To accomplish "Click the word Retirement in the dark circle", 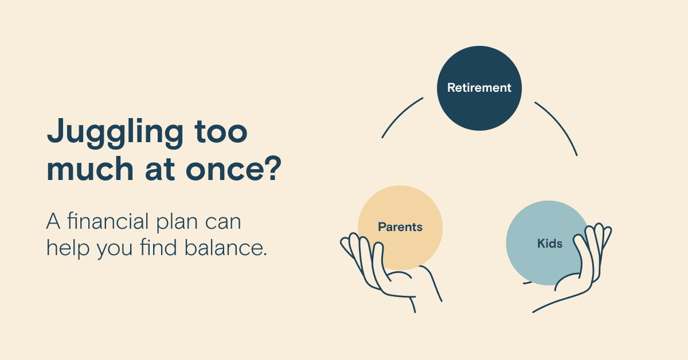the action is [479, 88].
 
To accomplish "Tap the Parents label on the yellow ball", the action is [400, 228].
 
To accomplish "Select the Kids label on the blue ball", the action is [550, 243].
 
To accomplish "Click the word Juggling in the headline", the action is [115, 134].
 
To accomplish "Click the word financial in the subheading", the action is [108, 221].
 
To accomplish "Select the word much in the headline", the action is [90, 169].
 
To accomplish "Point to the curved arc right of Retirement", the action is [560, 124].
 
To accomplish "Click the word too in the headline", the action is [221, 132].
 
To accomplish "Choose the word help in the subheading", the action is [68, 248].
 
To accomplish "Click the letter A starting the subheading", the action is [53, 221].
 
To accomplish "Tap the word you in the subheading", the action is [115, 250].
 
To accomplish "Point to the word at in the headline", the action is [160, 169].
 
